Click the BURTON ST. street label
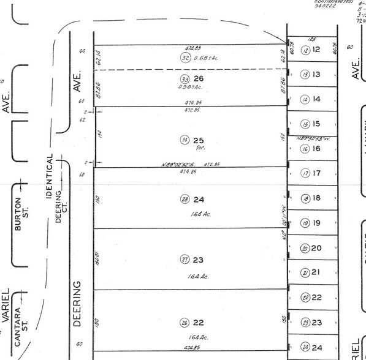(21, 214)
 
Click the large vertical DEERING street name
(78, 304)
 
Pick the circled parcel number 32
(185, 58)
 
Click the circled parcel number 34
(184, 140)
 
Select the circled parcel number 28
(184, 200)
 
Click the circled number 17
(305, 173)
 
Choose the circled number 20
(305, 248)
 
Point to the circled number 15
(305, 124)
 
